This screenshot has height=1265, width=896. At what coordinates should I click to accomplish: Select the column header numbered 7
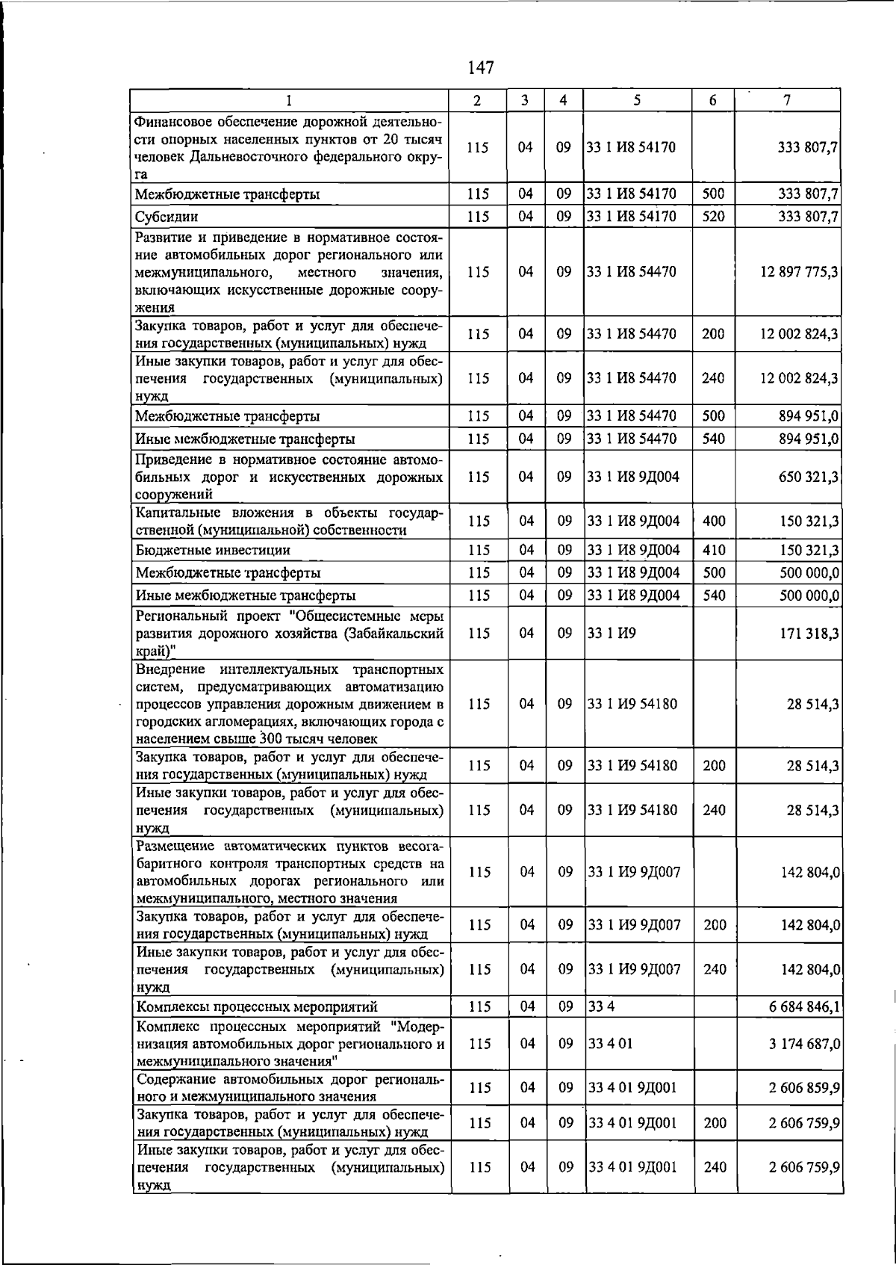coord(788,100)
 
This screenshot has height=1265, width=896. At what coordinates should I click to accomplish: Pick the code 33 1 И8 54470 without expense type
coord(632,272)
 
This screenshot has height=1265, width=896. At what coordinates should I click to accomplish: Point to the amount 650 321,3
coord(809,477)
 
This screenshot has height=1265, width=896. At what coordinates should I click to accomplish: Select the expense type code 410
coord(714,551)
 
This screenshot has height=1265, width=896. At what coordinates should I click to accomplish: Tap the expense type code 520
coord(713,217)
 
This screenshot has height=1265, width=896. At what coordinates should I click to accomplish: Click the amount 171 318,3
coord(809,634)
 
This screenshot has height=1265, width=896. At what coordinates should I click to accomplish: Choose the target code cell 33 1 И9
coord(612,634)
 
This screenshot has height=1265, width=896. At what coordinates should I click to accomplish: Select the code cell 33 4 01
coord(610,1044)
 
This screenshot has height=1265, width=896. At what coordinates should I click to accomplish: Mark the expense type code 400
coord(714,521)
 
